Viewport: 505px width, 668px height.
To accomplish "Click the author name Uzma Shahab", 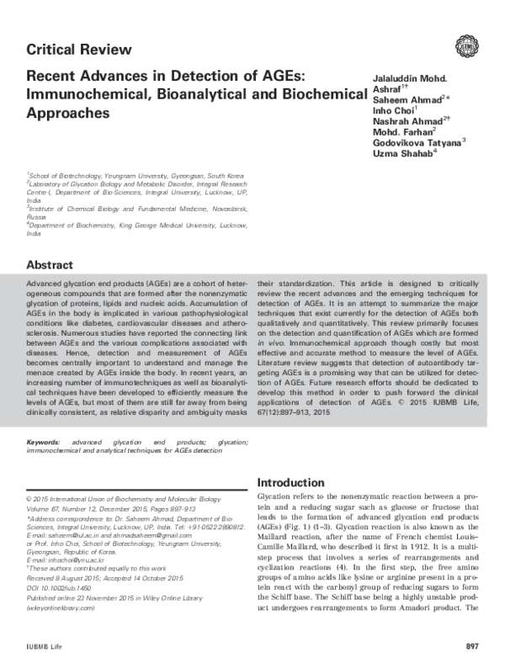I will coord(404,154).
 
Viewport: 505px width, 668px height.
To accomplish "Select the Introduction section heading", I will coord(290,483).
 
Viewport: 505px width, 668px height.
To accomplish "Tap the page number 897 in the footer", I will coord(471,646).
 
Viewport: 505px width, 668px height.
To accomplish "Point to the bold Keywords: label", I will coord(44,441).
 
